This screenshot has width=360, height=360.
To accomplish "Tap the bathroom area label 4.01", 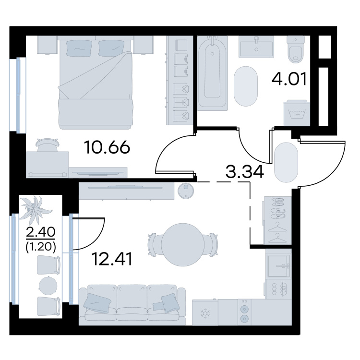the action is point(289,79).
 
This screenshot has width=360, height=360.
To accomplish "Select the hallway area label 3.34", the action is point(245,172).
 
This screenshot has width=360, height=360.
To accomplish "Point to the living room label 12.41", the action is point(112,259).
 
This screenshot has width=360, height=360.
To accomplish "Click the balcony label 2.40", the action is point(41,232).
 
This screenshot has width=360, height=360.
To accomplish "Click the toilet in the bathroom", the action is point(296,49).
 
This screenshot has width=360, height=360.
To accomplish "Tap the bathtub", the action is point(212,72).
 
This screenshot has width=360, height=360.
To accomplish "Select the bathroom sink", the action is point(256,47).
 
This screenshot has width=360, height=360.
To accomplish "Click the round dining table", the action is point(183,245).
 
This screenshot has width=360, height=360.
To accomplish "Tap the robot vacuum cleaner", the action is point(186,190).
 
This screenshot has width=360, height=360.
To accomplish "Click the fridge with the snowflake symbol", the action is point(205,312).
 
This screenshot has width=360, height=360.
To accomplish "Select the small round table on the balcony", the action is point(48,286).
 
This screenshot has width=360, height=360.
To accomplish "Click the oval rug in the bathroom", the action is point(246,86).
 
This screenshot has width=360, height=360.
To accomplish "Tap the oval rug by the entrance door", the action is point(286,163).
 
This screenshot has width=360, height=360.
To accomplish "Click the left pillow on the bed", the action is point(79,48).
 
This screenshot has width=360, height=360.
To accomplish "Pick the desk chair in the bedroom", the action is point(48,144).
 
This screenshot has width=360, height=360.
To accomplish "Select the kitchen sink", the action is point(278,266).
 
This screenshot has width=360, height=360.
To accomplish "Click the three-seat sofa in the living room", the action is point(132,305).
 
